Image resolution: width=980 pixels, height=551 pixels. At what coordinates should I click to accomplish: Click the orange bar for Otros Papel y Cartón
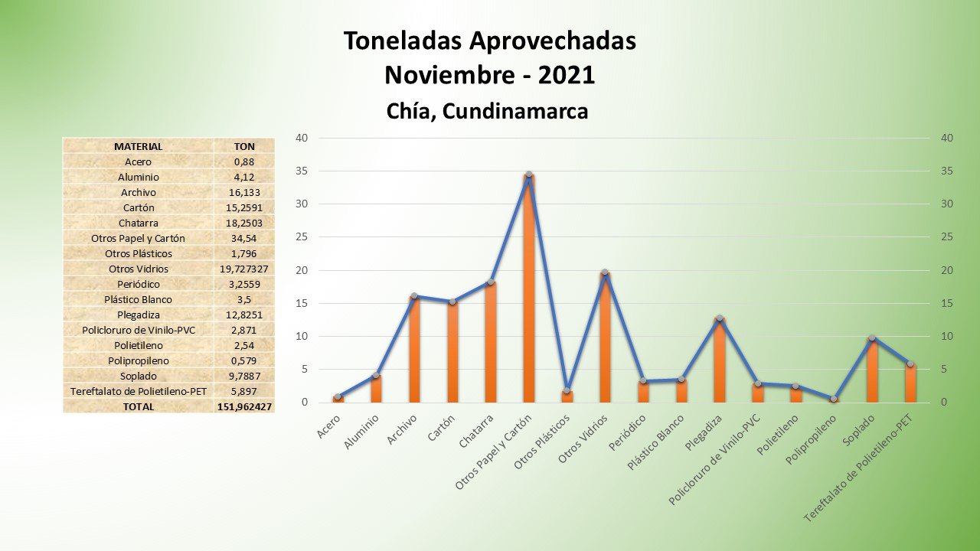(x=528, y=306)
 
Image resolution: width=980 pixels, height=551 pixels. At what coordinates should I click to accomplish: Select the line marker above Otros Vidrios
(x=605, y=272)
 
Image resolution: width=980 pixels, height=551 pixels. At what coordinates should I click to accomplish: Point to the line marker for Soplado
(x=872, y=337)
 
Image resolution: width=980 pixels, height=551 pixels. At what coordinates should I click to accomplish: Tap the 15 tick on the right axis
(x=948, y=304)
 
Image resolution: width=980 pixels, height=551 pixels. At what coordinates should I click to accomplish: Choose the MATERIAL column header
(x=138, y=146)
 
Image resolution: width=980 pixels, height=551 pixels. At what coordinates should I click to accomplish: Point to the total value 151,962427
(x=244, y=406)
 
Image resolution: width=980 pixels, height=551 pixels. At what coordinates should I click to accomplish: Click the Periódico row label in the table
(x=138, y=284)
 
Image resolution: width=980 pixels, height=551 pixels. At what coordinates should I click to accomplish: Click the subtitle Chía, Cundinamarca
(x=488, y=112)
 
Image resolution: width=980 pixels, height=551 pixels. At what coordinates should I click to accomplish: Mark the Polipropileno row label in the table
(x=138, y=360)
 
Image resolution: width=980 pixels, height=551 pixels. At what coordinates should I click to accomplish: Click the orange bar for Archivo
(x=414, y=352)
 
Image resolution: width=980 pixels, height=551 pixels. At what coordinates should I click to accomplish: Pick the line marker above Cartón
(x=452, y=302)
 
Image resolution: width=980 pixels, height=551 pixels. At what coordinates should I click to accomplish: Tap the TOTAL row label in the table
(x=138, y=406)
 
